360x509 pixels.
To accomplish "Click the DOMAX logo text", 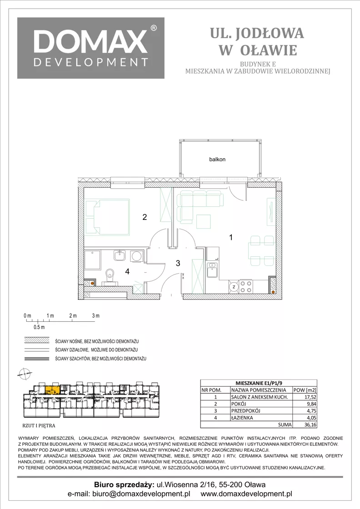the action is tap(90, 41).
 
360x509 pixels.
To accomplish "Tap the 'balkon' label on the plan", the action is tap(217, 160).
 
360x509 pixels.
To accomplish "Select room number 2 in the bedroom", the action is tap(145, 217).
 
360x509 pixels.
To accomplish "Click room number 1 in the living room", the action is tap(231, 238).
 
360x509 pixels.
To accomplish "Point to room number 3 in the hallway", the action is tap(178, 263).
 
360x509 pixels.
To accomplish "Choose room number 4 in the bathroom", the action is tap(127, 271).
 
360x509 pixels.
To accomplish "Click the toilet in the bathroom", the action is tap(111, 277).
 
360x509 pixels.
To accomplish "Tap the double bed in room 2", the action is tap(108, 217).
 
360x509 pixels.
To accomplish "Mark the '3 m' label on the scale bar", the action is tap(95, 315).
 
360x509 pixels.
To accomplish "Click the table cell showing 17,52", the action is tap(305, 397).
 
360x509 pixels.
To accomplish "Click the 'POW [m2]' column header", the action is tap(305, 390).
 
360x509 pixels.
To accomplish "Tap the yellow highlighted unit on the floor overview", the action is tap(52, 390).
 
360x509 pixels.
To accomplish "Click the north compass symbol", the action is tap(24, 374).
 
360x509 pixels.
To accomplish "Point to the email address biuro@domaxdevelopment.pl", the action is tap(141, 494).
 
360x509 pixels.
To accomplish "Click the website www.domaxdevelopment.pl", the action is tap(246, 494).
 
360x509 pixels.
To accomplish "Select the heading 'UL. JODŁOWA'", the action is tap(257, 33).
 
